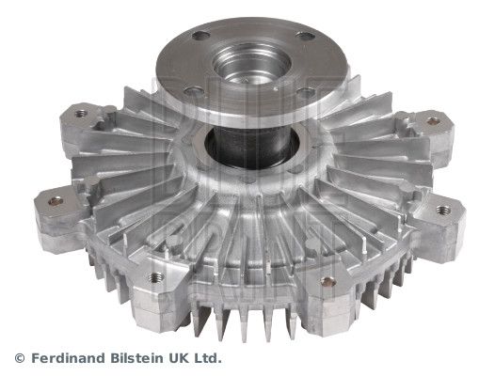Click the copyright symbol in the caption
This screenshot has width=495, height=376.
point(21,359)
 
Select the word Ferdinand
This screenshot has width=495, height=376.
point(67,359)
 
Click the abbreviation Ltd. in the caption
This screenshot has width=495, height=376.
point(210,359)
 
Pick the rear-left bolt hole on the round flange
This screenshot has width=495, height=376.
point(200,36)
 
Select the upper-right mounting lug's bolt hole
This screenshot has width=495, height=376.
point(432,120)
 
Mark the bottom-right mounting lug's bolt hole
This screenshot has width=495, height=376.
point(328,282)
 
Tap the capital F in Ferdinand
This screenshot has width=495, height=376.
point(35,359)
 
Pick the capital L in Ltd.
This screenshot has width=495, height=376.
point(201,359)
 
